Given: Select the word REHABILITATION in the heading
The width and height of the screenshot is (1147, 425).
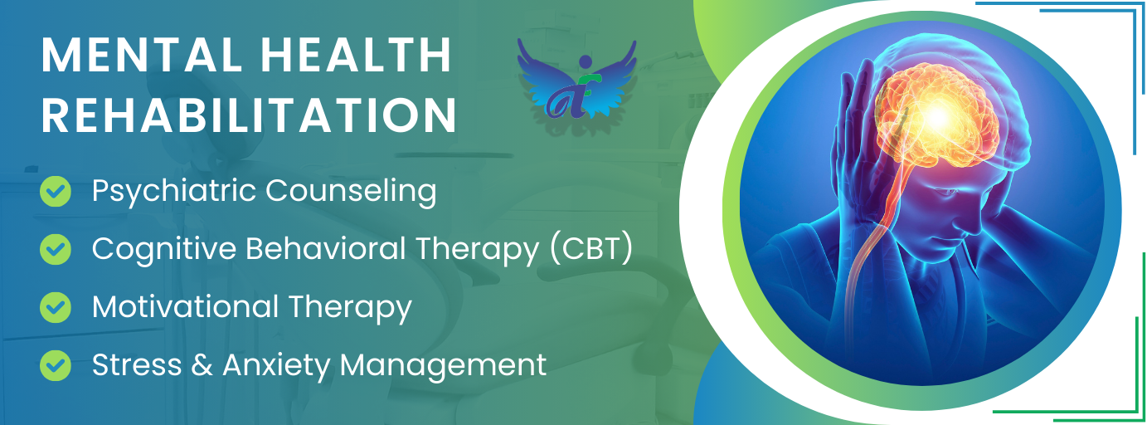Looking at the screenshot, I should pyautogui.click(x=249, y=115).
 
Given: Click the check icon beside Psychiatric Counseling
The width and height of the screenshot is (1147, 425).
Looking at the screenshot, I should pyautogui.click(x=56, y=192).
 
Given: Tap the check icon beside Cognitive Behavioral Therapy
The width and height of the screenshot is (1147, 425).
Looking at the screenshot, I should pyautogui.click(x=56, y=249).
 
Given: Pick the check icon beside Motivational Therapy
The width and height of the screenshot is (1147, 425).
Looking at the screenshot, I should pyautogui.click(x=56, y=307).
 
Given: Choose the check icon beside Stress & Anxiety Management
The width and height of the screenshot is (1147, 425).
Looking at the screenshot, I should pyautogui.click(x=56, y=364).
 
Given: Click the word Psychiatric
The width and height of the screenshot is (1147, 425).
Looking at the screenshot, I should pyautogui.click(x=173, y=192).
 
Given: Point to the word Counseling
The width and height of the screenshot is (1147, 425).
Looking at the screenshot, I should pyautogui.click(x=351, y=192).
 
